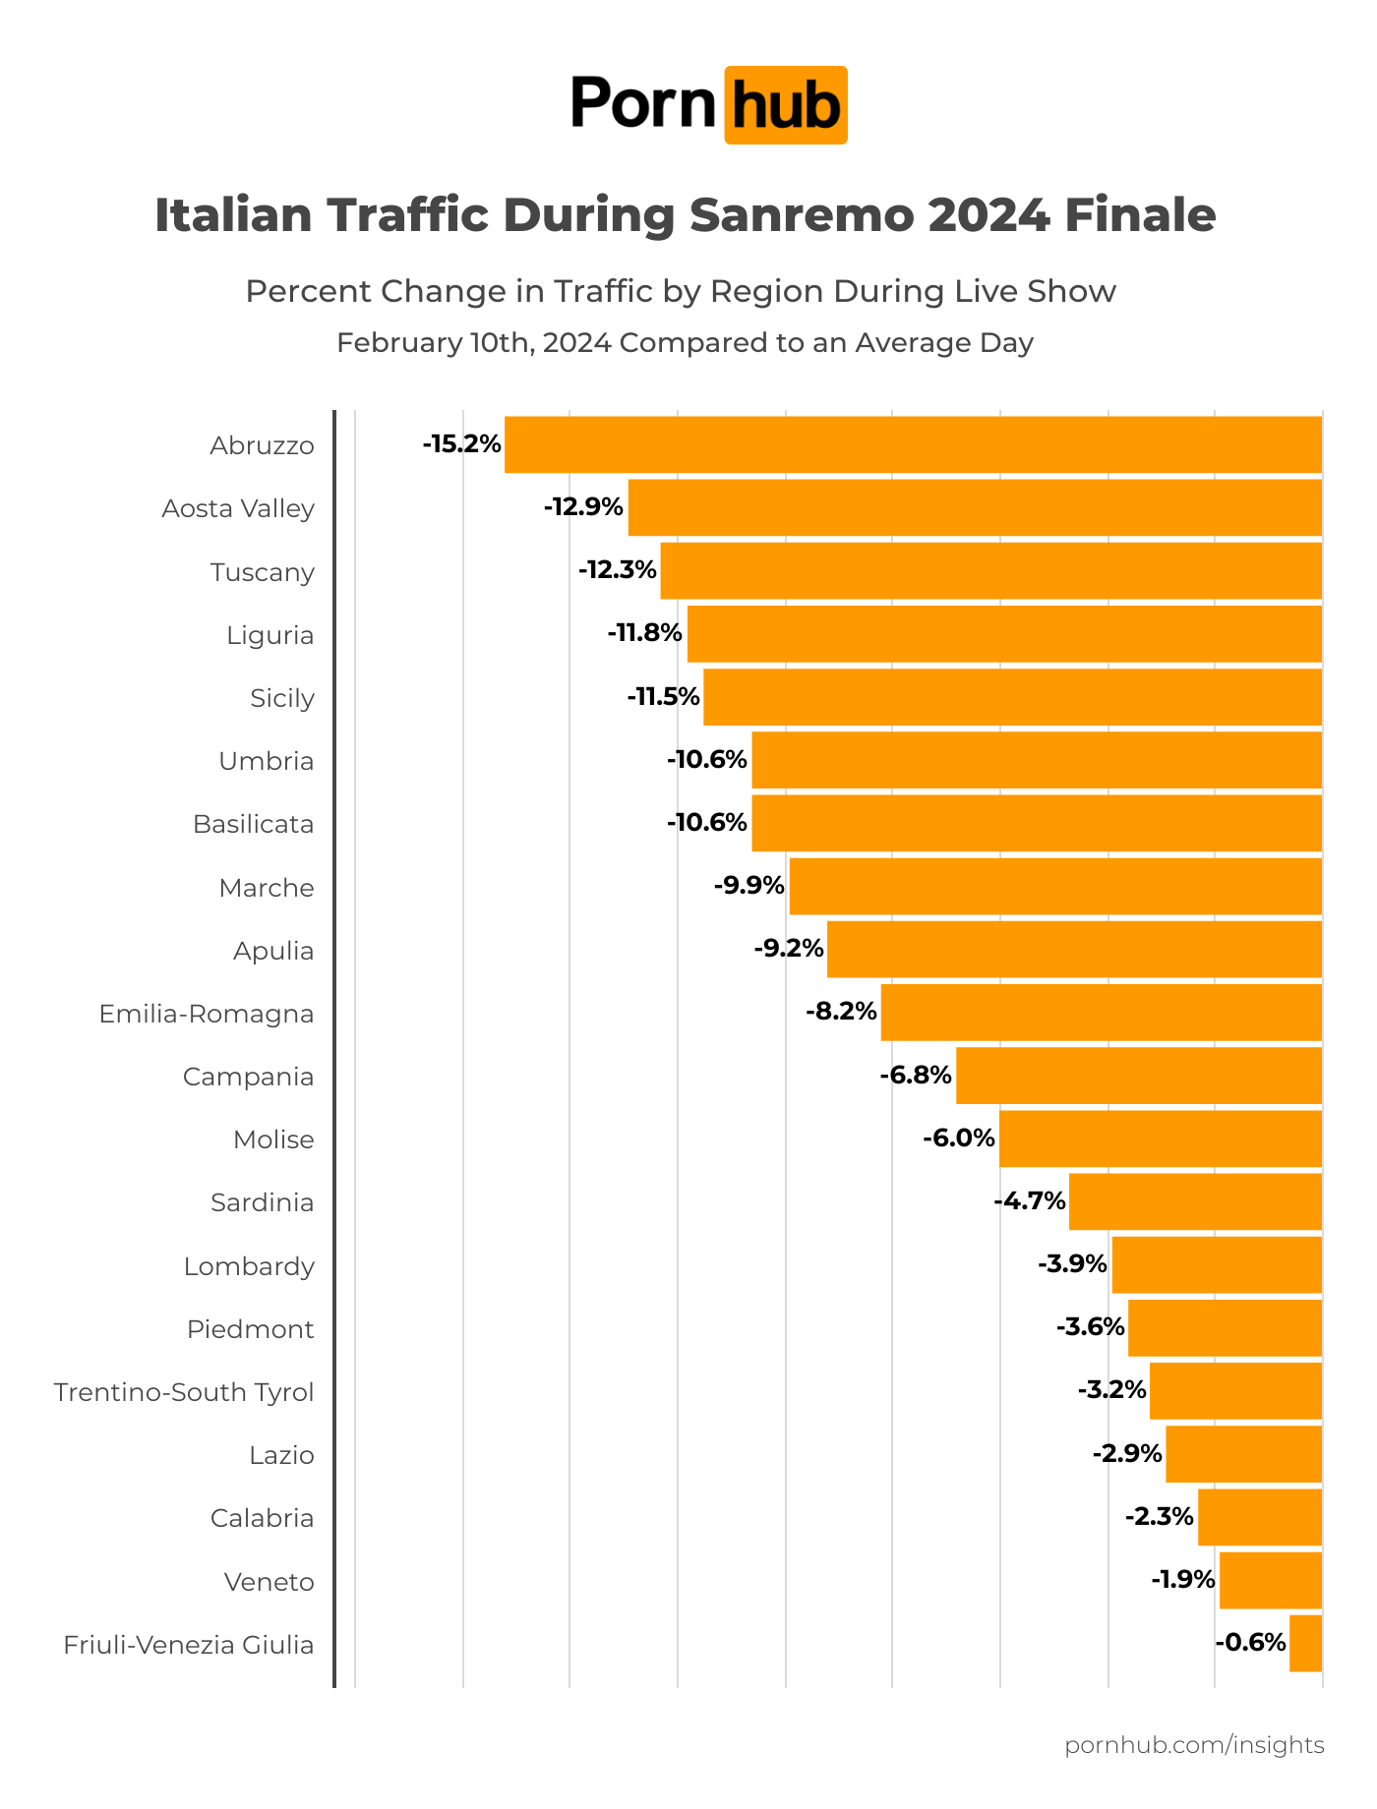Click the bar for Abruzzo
pos(913,444)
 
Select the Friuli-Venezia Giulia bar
pos(1305,1643)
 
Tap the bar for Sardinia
pos(1195,1201)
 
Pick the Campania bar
pos(1138,1076)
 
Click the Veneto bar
pos(1270,1580)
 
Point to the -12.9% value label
pos(583,507)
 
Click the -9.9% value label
pos(748,886)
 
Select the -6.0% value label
pos(958,1138)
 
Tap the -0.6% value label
pos(1250,1643)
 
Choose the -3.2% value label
pos(1111,1390)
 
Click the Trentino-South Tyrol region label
pos(184,1392)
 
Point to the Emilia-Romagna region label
pos(207,1014)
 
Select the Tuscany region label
pos(262,572)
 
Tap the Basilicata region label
pos(253,824)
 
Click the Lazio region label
pos(281,1455)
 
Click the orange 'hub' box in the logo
pos(785,105)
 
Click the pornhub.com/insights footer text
pos(1194,1745)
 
